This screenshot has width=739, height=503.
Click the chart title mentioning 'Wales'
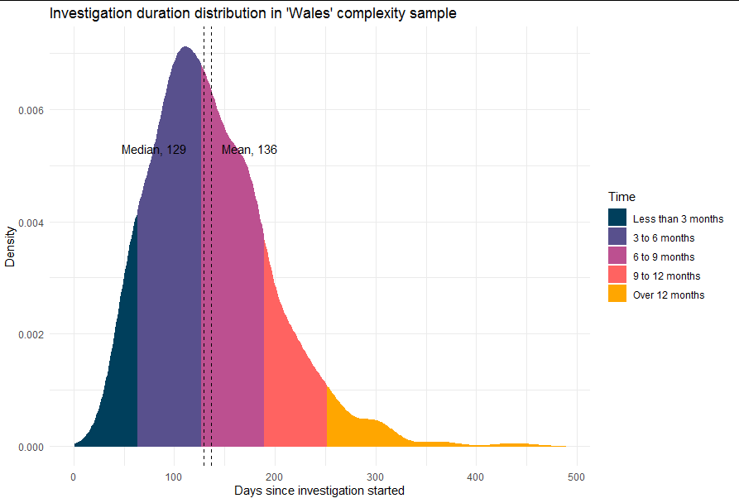coord(252,14)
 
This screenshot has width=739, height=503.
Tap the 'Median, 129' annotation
coord(153,151)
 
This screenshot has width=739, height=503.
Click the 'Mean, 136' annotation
coord(249,151)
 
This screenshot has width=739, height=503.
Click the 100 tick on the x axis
coord(174,477)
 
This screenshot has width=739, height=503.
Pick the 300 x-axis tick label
coord(375,477)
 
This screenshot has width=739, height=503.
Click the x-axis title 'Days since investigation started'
coord(319,491)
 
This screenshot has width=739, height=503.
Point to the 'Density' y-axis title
coord(11,246)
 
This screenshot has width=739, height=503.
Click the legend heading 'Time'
coord(621,197)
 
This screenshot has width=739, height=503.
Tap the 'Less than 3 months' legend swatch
coord(617,219)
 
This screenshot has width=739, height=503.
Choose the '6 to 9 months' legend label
coord(664,257)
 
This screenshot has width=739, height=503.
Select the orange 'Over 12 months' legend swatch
coord(617,295)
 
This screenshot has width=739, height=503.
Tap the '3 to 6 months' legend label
coord(664,238)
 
